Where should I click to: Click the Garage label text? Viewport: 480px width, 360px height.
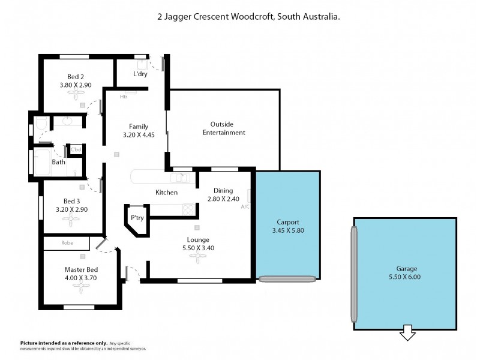(406, 268)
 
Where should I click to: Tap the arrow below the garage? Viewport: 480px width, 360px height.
(407, 332)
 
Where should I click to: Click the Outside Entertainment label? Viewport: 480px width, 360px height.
(224, 128)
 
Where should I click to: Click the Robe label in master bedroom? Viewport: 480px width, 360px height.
(67, 243)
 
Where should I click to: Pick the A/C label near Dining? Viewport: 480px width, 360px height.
(245, 206)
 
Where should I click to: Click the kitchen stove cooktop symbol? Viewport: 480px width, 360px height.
(188, 209)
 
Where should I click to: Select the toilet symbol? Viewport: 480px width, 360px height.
(40, 124)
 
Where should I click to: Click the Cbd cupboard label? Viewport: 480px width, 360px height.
(76, 149)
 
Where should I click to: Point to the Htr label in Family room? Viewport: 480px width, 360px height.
(124, 96)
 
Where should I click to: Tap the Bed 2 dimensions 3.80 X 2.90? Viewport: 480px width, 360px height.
(79, 85)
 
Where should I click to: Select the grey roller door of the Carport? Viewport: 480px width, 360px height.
(287, 278)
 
